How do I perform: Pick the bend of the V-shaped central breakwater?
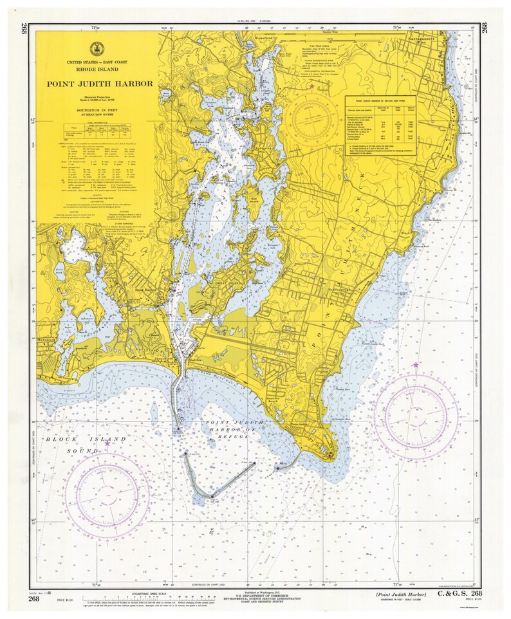pos(209,495)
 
